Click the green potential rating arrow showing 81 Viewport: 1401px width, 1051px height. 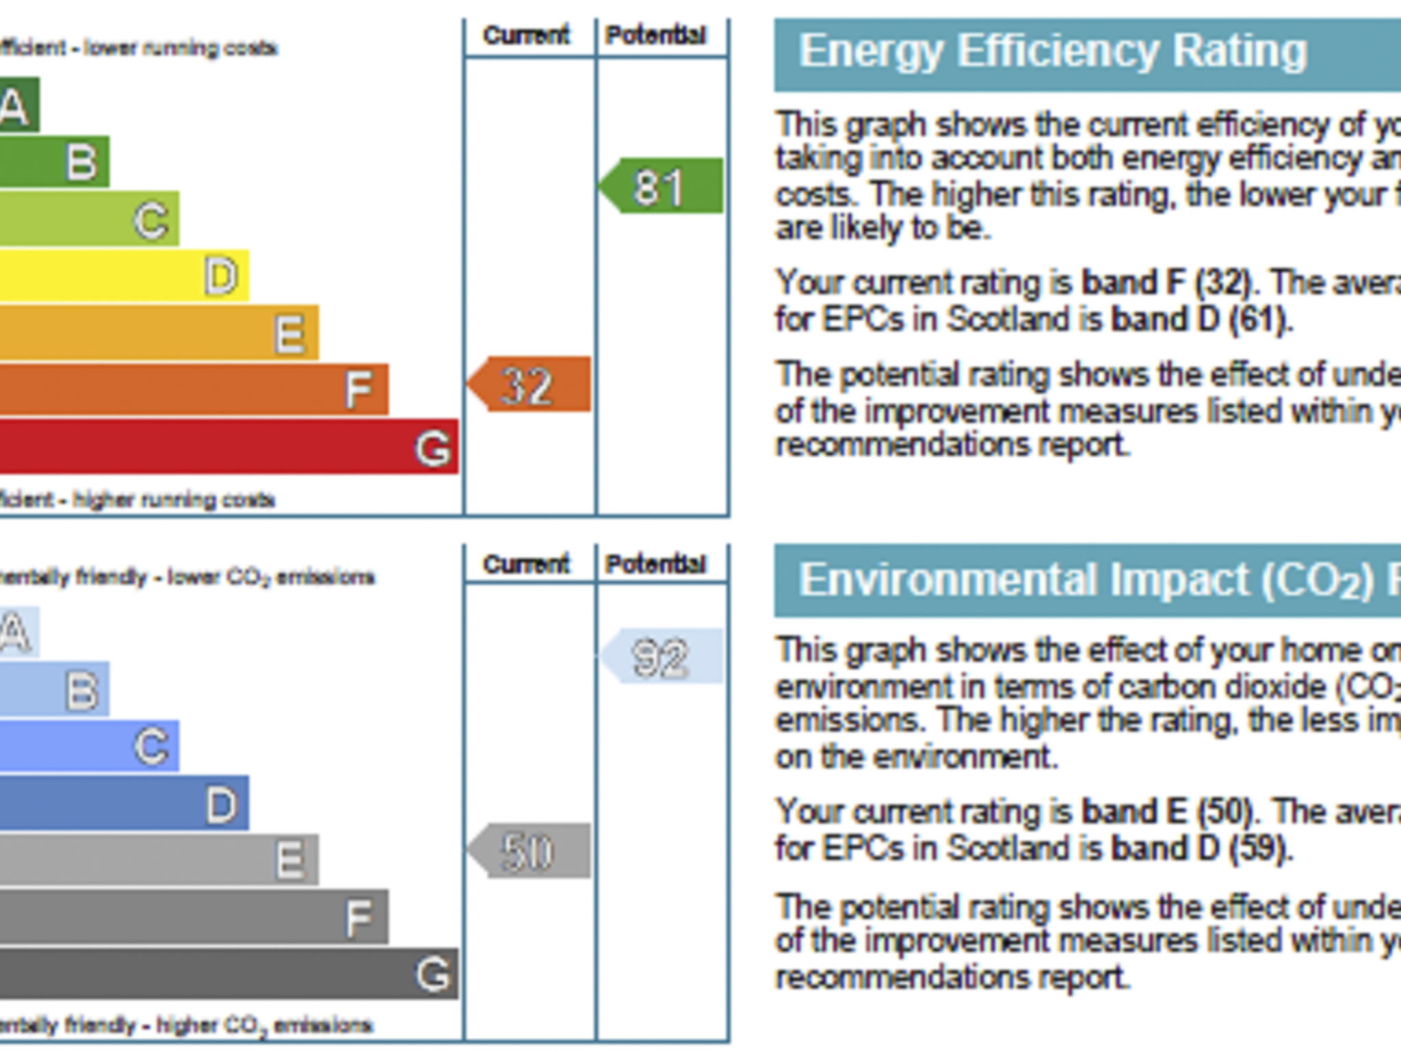661,186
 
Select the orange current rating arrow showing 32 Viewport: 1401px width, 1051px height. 529,385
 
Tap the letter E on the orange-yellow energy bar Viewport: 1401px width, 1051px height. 289,334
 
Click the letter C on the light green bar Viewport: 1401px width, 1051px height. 151,220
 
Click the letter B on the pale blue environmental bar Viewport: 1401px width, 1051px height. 82,690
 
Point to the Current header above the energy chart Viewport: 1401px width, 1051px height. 526,36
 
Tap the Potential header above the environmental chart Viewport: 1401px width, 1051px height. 656,565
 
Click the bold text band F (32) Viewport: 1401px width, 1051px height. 1166,283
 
